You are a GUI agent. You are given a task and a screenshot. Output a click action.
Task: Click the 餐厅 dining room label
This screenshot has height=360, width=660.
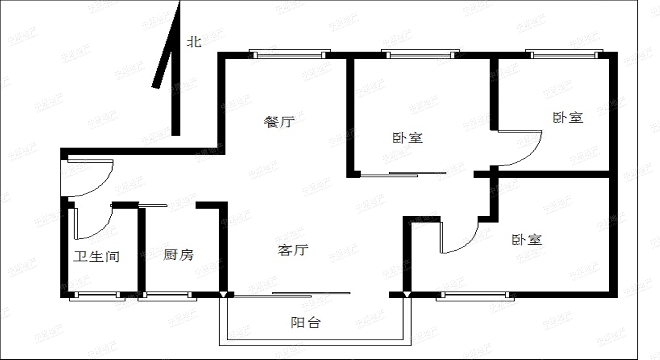click(x=279, y=122)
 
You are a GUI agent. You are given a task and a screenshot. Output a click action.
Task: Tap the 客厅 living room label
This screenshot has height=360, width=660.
click(x=293, y=250)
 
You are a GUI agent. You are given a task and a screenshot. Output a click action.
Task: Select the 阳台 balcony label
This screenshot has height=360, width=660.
click(x=306, y=322)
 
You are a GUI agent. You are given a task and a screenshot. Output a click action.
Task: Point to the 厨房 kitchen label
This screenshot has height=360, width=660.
click(x=178, y=255)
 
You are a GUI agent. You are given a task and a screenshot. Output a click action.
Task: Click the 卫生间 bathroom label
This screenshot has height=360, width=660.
click(x=96, y=256)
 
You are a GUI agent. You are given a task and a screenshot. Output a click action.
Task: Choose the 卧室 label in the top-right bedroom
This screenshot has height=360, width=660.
click(x=568, y=118)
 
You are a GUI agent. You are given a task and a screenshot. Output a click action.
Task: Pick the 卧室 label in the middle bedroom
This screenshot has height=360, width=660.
click(x=408, y=138)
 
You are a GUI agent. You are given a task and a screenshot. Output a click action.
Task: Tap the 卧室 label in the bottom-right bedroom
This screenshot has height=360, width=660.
click(x=527, y=240)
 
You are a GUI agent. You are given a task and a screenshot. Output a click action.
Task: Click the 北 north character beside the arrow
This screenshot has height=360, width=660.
click(x=194, y=42)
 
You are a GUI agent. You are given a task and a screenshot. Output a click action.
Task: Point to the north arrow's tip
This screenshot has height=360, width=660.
click(x=179, y=1)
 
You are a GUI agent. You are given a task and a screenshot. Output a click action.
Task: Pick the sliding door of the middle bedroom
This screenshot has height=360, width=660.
click(x=403, y=174)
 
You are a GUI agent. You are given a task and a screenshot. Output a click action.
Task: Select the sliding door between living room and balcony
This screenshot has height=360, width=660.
click(x=292, y=295)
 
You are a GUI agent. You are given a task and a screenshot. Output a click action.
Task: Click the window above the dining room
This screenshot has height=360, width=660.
click(x=290, y=54)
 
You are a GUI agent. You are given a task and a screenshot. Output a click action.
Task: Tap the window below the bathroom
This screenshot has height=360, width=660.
click(x=97, y=296)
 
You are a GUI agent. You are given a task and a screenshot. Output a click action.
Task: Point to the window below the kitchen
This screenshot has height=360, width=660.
click(x=167, y=296)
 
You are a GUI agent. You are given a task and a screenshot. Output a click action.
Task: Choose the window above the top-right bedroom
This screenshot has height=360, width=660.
click(x=564, y=54)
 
